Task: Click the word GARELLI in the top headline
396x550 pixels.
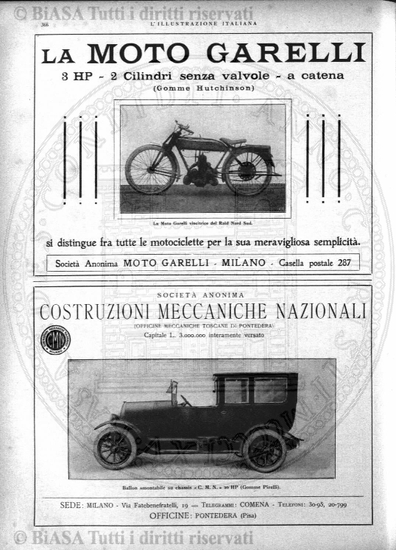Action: click(297, 54)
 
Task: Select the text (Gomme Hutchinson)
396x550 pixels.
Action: click(204, 88)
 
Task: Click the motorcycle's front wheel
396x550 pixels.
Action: click(151, 169)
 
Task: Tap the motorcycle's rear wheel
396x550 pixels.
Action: click(248, 172)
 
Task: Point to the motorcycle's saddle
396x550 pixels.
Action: click(233, 141)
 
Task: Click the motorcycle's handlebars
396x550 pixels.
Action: click(183, 127)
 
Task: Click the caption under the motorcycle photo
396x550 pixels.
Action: click(206, 222)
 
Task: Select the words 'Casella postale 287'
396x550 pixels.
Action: click(314, 263)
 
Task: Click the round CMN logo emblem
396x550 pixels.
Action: click(54, 340)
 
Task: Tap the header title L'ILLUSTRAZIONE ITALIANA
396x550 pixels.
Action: click(203, 24)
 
